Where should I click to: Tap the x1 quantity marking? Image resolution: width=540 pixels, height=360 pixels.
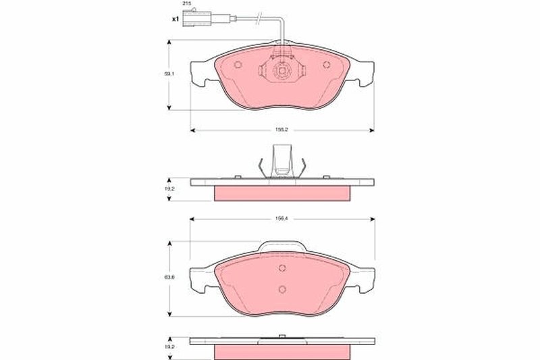174,18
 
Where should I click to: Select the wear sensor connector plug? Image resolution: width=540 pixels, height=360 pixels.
194,19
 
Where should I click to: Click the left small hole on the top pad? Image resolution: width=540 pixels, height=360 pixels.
237,65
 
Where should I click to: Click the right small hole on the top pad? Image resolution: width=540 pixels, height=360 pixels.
327,65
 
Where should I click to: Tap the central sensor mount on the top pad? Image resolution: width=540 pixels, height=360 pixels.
282,71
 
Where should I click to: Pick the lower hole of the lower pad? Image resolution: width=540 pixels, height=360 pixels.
282,289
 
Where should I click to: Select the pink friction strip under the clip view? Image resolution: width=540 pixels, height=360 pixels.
282,193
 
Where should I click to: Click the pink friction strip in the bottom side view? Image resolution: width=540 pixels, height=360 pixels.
282,351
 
